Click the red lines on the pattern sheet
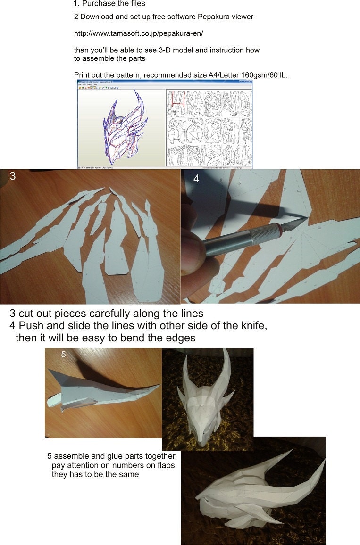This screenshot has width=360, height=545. pos(177,100)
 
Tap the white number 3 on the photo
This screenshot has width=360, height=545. pos(13,176)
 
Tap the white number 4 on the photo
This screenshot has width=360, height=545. pos(196,179)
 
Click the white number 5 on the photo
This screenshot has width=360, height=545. pos(64,354)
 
